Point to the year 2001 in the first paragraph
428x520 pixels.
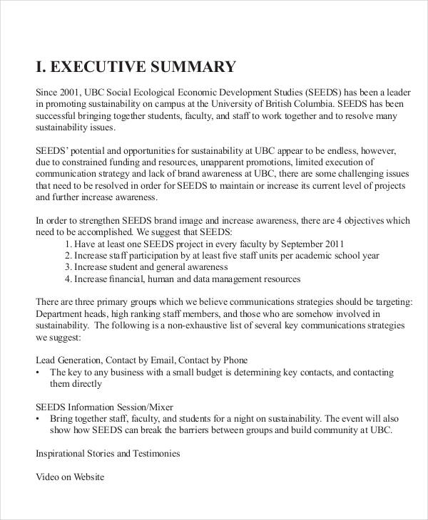click(x=72, y=92)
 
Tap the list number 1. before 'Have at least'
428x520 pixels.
click(x=69, y=244)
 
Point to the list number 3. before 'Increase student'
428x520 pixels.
click(x=69, y=267)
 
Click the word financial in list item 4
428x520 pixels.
click(x=129, y=279)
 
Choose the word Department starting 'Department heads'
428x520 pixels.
click(x=60, y=313)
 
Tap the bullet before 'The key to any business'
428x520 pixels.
click(x=38, y=373)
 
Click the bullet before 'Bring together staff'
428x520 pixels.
click(x=38, y=419)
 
